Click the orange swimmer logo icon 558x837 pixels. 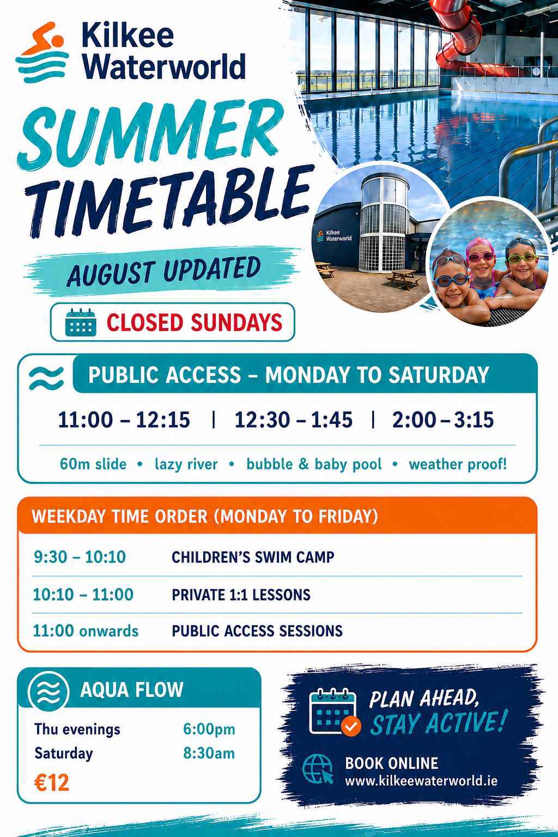pos(43,52)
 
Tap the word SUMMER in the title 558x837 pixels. pos(149,132)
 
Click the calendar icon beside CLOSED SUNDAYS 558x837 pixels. pos(81,323)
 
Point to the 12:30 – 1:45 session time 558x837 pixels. pos(293,420)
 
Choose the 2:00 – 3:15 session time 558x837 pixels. pos(443,420)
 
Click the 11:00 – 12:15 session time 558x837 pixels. pos(124,420)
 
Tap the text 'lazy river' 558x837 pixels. pos(186,464)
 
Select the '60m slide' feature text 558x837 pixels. pos(93,464)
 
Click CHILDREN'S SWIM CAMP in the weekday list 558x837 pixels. pos(253,557)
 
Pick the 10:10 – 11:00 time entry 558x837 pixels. pos(83,595)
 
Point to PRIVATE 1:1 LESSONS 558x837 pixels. pos(241,595)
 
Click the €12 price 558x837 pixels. pos(52,783)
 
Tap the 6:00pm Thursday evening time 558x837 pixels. pos(209,729)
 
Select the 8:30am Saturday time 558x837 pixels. pos(209,753)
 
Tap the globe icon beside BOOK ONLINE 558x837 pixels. pos(318,769)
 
